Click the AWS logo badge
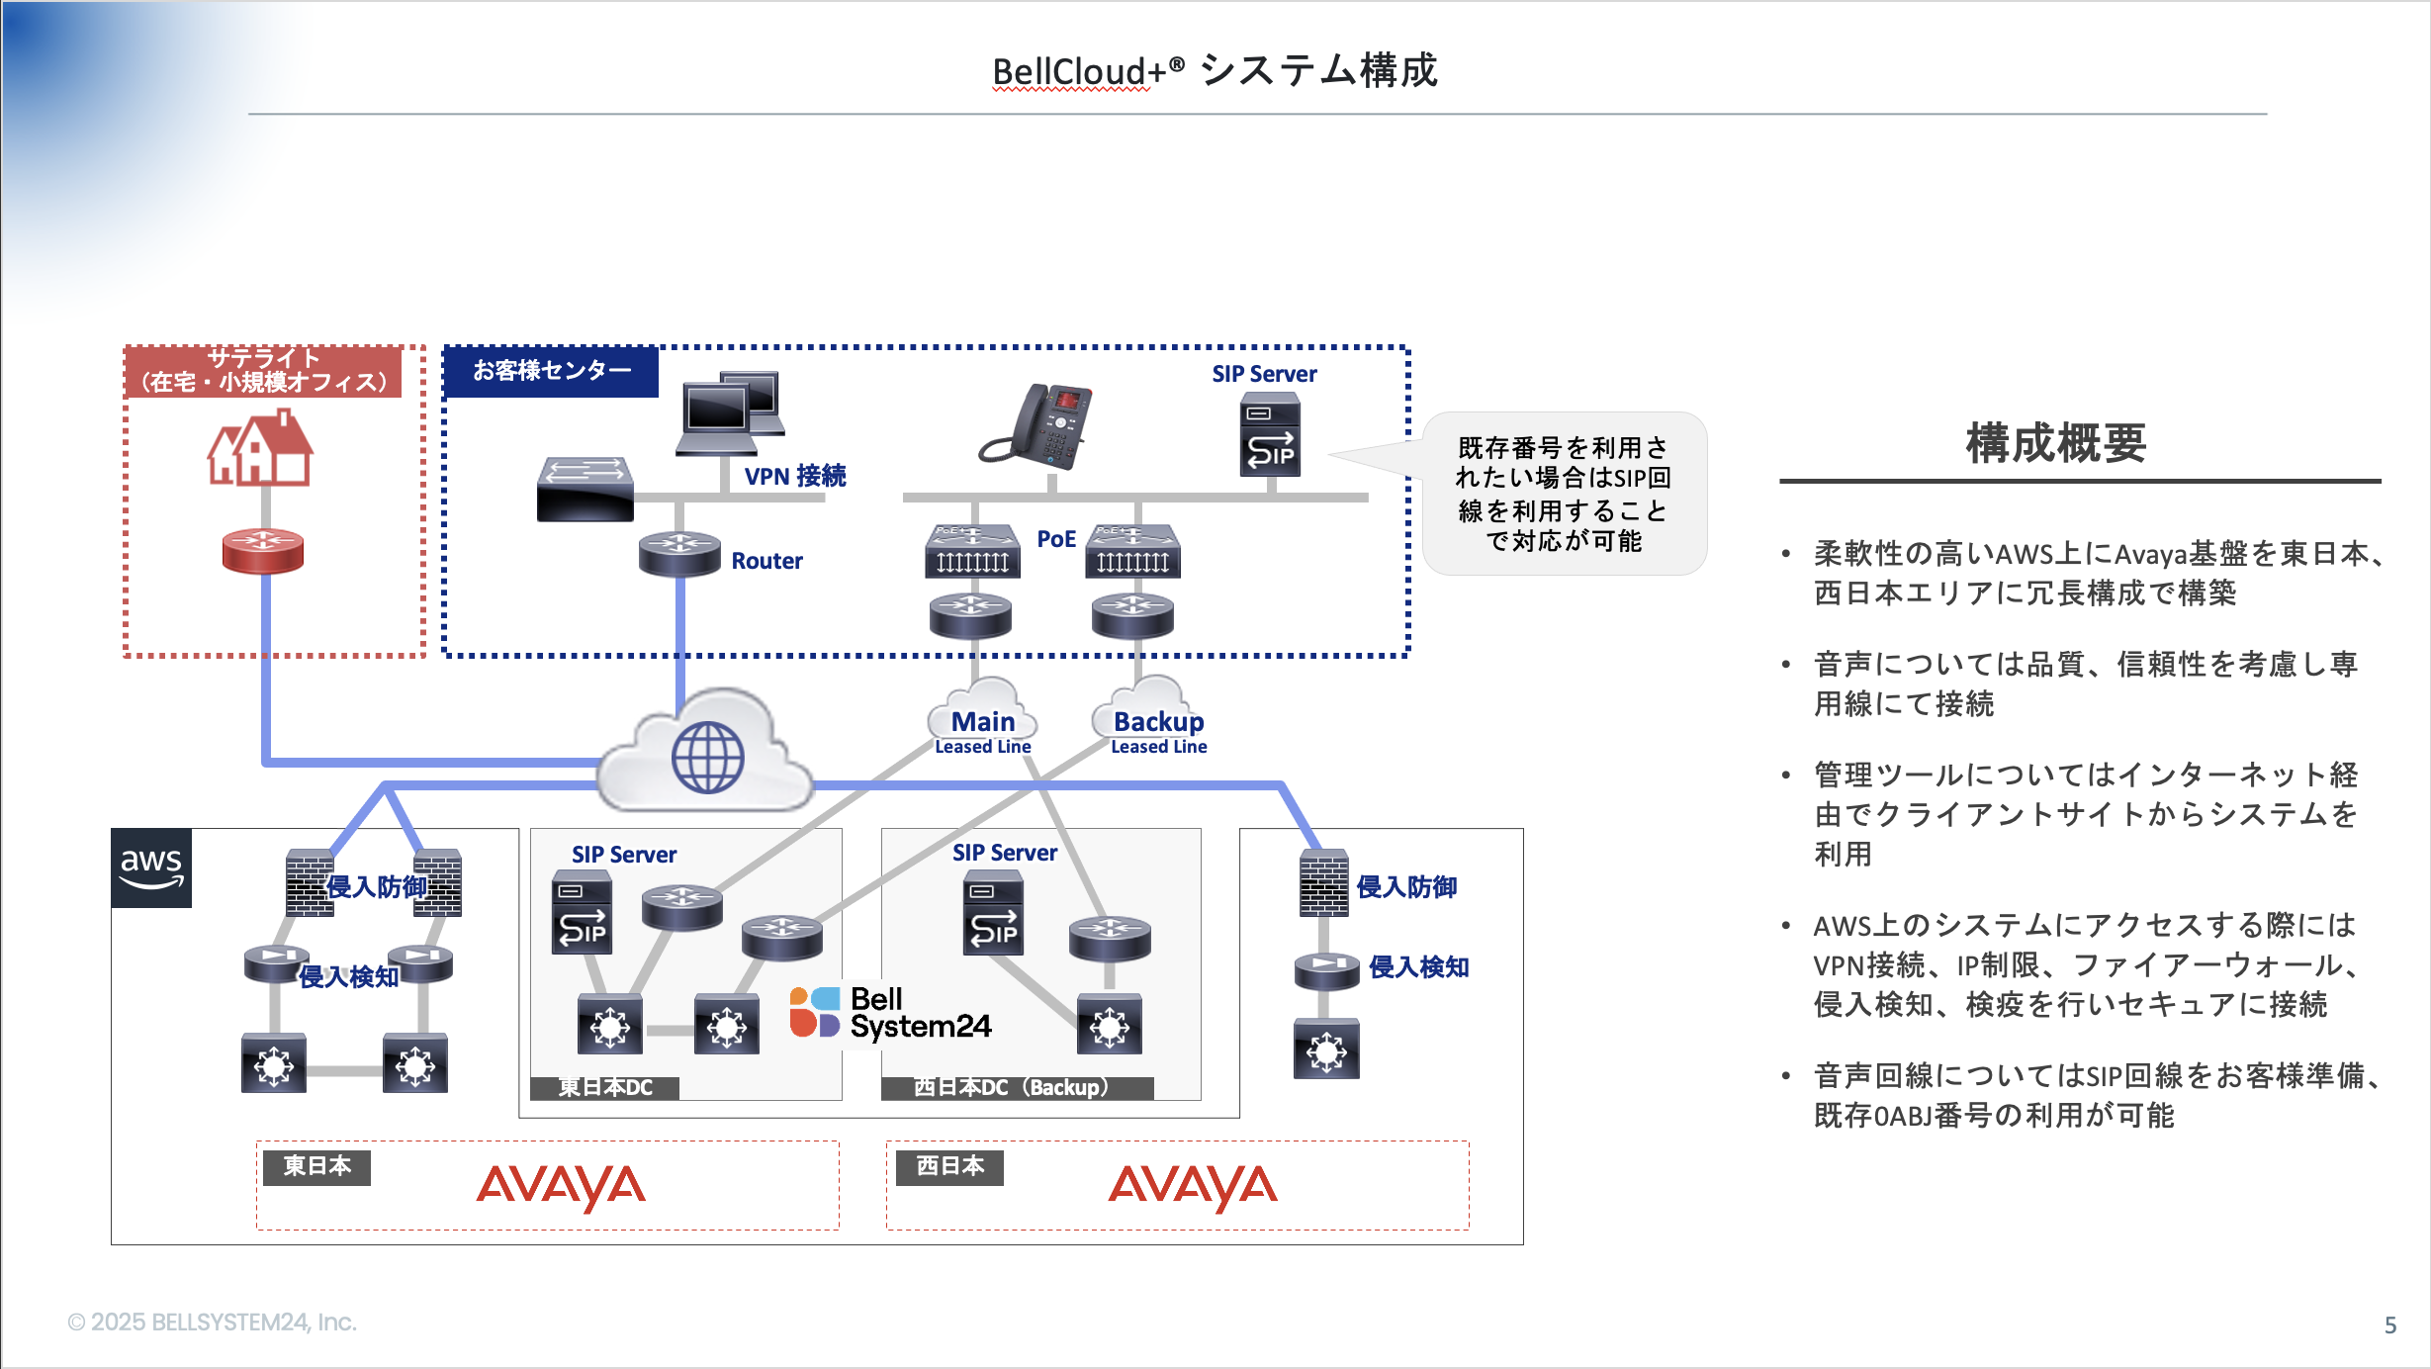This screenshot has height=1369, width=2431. [150, 867]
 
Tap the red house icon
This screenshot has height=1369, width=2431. [260, 450]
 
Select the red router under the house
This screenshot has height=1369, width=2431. [263, 551]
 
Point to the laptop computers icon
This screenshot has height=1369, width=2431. [731, 412]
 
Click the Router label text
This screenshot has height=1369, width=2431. [766, 561]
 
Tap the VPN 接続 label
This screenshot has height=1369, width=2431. [794, 476]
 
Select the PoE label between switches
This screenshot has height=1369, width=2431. [1055, 539]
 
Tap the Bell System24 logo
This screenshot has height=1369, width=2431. [890, 1013]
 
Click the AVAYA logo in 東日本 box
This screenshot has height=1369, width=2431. [561, 1185]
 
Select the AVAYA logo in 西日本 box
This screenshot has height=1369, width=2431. [1192, 1185]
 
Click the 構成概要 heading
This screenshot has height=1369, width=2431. [2055, 443]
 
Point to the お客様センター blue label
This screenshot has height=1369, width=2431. [551, 371]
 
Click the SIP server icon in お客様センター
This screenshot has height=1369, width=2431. [1270, 435]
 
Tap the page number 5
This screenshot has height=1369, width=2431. [2389, 1324]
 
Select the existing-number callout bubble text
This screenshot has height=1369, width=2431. [1563, 494]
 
